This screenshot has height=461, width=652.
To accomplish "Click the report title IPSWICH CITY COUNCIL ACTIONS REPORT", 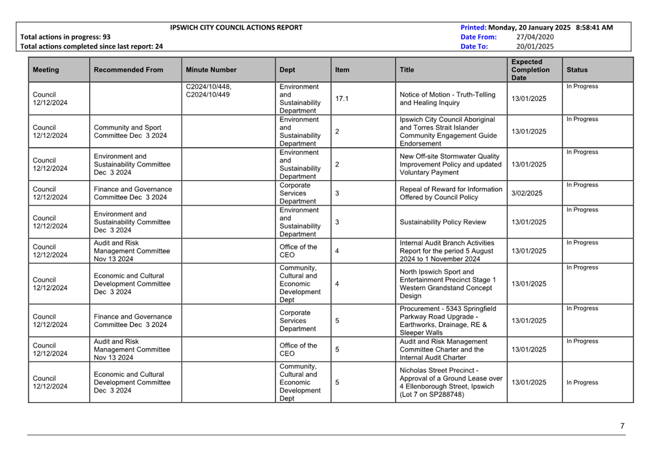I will pyautogui.click(x=236, y=28).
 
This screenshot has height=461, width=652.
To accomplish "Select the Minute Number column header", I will pyautogui.click(x=211, y=70).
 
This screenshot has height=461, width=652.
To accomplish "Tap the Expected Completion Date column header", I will pyautogui.click(x=530, y=70).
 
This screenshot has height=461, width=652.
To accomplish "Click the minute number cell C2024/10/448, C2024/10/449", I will pyautogui.click(x=209, y=91).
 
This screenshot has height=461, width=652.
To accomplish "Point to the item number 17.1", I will pyautogui.click(x=342, y=99).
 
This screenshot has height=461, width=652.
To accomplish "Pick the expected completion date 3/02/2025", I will pyautogui.click(x=527, y=193).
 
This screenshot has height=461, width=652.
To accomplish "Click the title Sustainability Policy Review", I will pyautogui.click(x=443, y=222).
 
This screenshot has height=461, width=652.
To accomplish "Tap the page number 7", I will pyautogui.click(x=622, y=427).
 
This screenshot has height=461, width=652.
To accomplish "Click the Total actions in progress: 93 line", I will pyautogui.click(x=65, y=37).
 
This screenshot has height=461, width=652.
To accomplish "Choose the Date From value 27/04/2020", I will pyautogui.click(x=535, y=37).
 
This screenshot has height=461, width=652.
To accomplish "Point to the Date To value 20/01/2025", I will pyautogui.click(x=535, y=47).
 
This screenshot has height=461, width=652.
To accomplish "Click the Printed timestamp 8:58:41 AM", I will pyautogui.click(x=594, y=28).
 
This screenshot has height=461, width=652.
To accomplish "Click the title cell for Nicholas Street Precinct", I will pyautogui.click(x=450, y=382).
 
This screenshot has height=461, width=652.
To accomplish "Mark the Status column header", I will pyautogui.click(x=577, y=70).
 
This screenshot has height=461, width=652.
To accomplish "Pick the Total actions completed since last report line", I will pyautogui.click(x=91, y=47).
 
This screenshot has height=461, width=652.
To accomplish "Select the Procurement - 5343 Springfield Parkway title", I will pyautogui.click(x=448, y=321).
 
